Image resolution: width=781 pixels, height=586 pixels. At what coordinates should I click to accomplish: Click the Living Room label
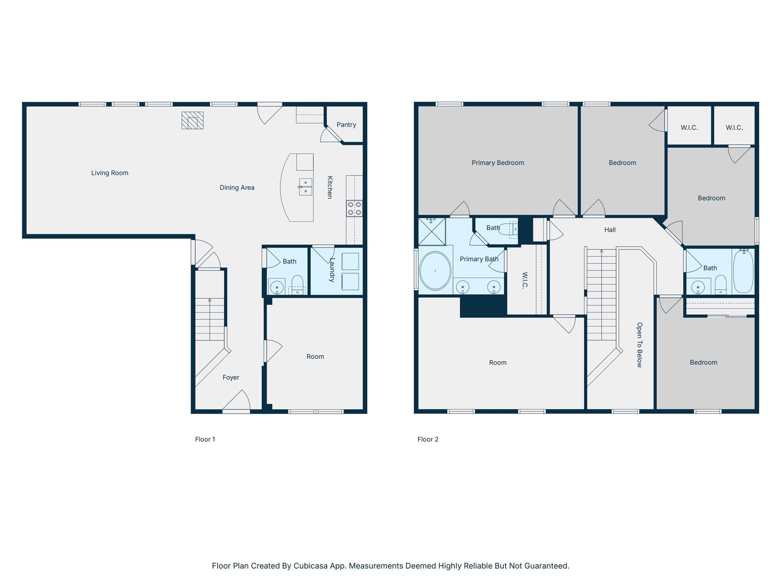(x=109, y=173)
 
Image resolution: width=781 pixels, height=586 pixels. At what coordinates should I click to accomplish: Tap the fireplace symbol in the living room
(x=192, y=120)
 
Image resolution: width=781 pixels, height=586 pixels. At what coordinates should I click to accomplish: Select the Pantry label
(x=346, y=125)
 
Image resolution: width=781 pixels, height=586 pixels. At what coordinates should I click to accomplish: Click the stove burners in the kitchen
(x=354, y=209)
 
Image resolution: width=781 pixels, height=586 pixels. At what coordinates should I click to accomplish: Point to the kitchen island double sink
(x=305, y=187)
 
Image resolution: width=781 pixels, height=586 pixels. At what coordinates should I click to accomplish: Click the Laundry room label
(x=332, y=270)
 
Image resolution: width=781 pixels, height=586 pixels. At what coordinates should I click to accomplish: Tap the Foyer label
(x=231, y=377)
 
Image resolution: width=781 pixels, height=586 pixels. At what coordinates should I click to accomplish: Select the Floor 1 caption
(x=205, y=439)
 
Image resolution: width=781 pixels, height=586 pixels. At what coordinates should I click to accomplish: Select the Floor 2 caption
(x=428, y=439)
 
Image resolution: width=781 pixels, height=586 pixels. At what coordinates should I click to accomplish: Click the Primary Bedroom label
(x=498, y=163)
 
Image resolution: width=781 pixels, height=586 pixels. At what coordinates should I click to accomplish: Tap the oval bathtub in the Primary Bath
(x=435, y=270)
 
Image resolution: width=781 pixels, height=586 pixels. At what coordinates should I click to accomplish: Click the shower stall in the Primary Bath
(x=432, y=231)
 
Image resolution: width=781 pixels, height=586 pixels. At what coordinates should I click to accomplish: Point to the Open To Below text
(x=640, y=345)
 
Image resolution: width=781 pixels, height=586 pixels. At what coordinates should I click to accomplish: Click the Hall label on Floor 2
(x=610, y=230)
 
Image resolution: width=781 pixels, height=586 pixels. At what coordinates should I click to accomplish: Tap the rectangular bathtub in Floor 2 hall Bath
(x=743, y=271)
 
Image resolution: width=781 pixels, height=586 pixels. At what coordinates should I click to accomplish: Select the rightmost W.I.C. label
(x=734, y=127)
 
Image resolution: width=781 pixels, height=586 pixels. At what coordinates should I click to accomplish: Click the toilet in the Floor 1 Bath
(x=297, y=284)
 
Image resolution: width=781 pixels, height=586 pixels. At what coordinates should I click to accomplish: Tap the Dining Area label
(x=237, y=187)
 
